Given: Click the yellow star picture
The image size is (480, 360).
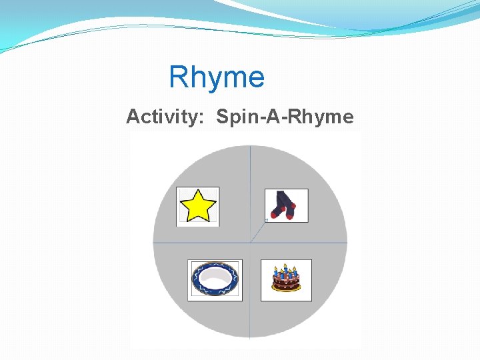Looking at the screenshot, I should tap(198, 206).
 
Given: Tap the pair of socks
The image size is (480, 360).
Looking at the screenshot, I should tap(286, 205).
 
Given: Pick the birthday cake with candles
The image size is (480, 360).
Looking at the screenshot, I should tap(286, 279).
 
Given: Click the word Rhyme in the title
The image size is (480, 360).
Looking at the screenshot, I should tap(217, 77).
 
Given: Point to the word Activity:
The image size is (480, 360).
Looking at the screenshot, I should tap(165, 117).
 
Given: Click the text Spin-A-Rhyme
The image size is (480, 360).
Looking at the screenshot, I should tap(285, 117).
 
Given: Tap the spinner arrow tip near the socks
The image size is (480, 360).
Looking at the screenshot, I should tap(267, 219).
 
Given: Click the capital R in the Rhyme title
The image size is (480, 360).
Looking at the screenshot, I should tap(179, 77).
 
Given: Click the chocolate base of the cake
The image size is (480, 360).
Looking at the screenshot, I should tap(286, 283).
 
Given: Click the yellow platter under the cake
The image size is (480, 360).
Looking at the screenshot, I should tap(286, 289).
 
